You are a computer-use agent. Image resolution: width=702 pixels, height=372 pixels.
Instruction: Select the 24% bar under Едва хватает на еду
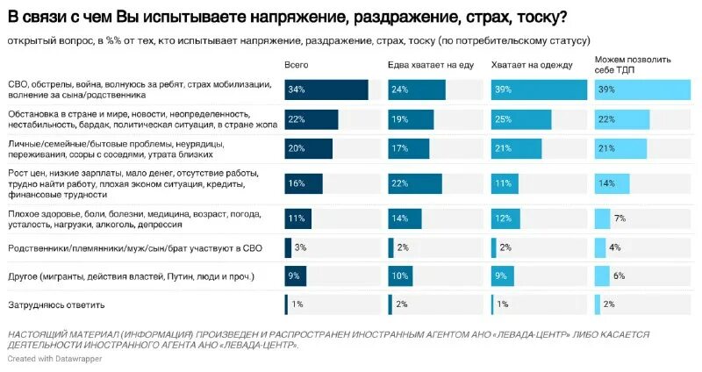[x=416, y=89]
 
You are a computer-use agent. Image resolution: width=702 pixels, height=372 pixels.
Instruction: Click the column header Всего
[x=297, y=65]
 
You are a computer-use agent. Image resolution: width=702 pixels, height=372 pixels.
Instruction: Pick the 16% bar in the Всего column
[x=304, y=183]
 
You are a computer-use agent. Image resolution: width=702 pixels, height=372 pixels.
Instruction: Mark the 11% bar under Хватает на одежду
[x=505, y=183]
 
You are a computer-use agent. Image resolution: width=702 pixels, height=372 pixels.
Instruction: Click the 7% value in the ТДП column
[x=620, y=218]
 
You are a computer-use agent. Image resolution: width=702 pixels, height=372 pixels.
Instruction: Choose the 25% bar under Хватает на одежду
[x=521, y=119]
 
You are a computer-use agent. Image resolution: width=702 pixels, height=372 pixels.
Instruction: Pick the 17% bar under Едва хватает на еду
[x=408, y=149]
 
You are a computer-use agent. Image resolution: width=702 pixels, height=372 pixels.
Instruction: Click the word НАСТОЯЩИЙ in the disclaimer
[x=42, y=334]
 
